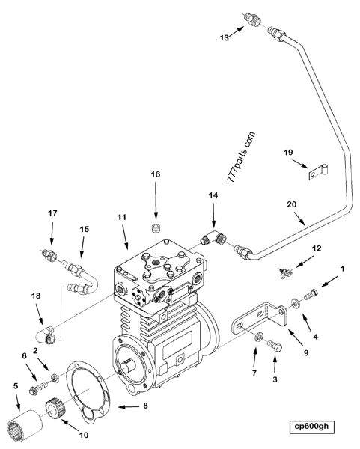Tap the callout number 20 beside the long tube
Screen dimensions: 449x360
point(293,203)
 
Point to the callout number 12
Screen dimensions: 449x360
point(317,248)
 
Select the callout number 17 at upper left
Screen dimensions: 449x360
point(52,213)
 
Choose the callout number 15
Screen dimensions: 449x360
point(84,229)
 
